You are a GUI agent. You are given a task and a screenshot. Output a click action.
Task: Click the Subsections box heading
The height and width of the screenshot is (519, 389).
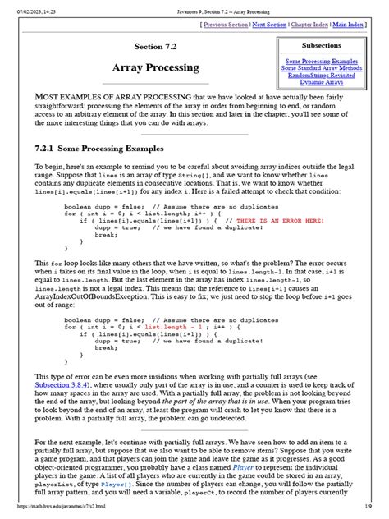click(327, 45)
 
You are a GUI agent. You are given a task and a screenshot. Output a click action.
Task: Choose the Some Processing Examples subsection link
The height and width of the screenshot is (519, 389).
click(327, 62)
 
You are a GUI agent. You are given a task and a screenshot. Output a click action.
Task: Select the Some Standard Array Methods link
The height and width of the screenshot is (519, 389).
click(327, 69)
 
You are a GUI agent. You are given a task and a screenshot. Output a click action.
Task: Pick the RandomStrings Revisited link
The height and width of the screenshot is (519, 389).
click(327, 76)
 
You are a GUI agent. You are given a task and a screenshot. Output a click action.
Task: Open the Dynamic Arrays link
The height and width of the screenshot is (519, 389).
click(327, 84)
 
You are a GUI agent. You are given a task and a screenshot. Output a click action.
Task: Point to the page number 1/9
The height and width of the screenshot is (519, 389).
click(378, 515)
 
